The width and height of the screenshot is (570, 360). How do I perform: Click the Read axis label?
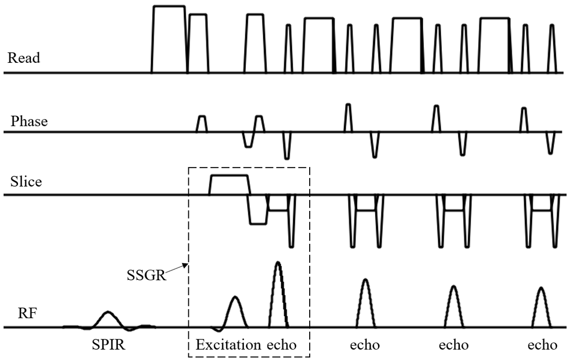point(24,58)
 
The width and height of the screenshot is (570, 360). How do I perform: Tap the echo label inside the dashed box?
point(281,345)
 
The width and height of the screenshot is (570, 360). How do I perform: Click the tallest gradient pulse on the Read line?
point(169,39)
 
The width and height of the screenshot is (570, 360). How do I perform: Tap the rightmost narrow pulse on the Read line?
point(552,48)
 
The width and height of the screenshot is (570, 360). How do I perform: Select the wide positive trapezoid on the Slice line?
point(229,185)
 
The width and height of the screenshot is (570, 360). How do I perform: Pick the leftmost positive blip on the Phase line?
point(201,124)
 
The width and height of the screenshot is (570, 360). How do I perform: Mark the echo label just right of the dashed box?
point(365,345)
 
